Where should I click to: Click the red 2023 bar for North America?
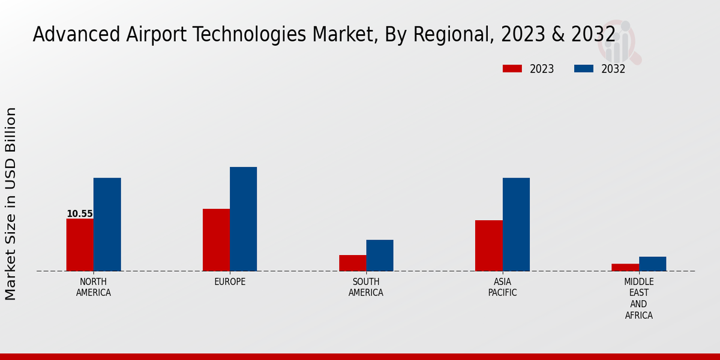click(80, 245)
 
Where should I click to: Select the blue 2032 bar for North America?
click(107, 224)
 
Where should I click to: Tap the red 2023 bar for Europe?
click(216, 240)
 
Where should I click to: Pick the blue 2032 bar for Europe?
click(243, 219)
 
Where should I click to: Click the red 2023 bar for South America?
click(352, 263)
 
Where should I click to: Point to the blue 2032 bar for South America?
click(380, 256)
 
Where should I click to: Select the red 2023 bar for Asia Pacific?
click(488, 245)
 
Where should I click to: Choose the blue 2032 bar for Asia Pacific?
click(516, 224)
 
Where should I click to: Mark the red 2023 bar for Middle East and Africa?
click(625, 268)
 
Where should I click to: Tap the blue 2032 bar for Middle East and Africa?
click(652, 264)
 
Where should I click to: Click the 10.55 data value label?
click(79, 214)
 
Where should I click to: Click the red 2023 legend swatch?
click(512, 69)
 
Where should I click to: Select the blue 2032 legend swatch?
click(584, 69)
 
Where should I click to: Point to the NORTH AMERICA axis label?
click(93, 287)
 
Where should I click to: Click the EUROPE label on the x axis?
click(230, 282)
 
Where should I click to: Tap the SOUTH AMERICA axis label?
click(366, 287)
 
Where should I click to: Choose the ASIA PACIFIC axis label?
click(502, 287)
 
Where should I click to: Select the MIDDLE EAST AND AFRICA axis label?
click(638, 299)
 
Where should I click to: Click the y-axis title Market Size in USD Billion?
click(11, 204)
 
